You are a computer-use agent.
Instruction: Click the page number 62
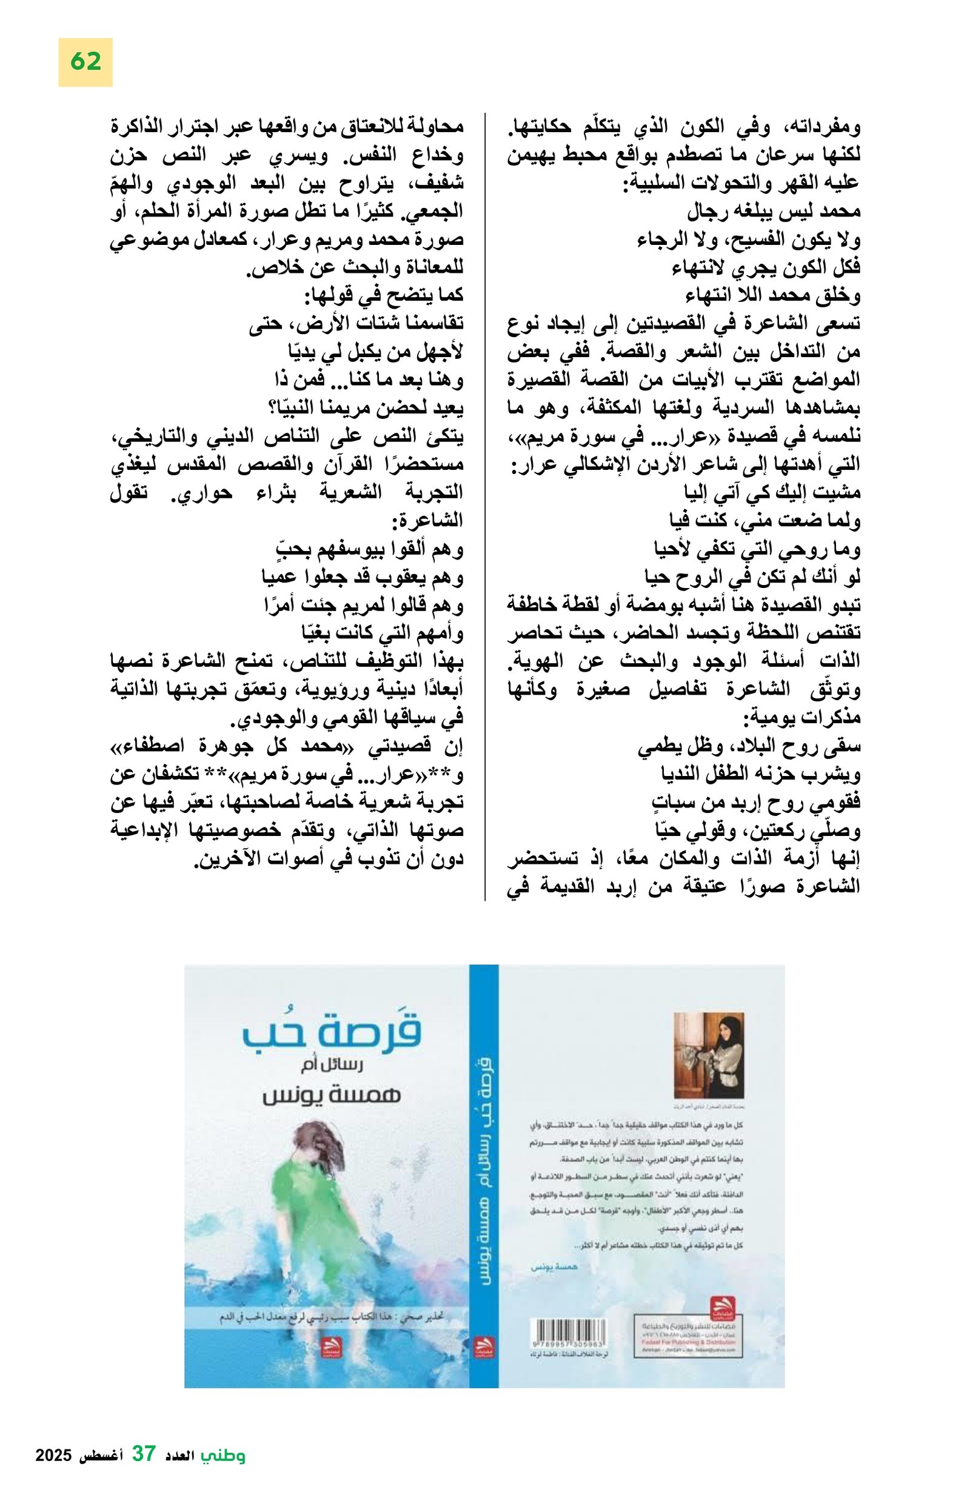[85, 62]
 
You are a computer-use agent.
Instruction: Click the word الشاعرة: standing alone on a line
[427, 520]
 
